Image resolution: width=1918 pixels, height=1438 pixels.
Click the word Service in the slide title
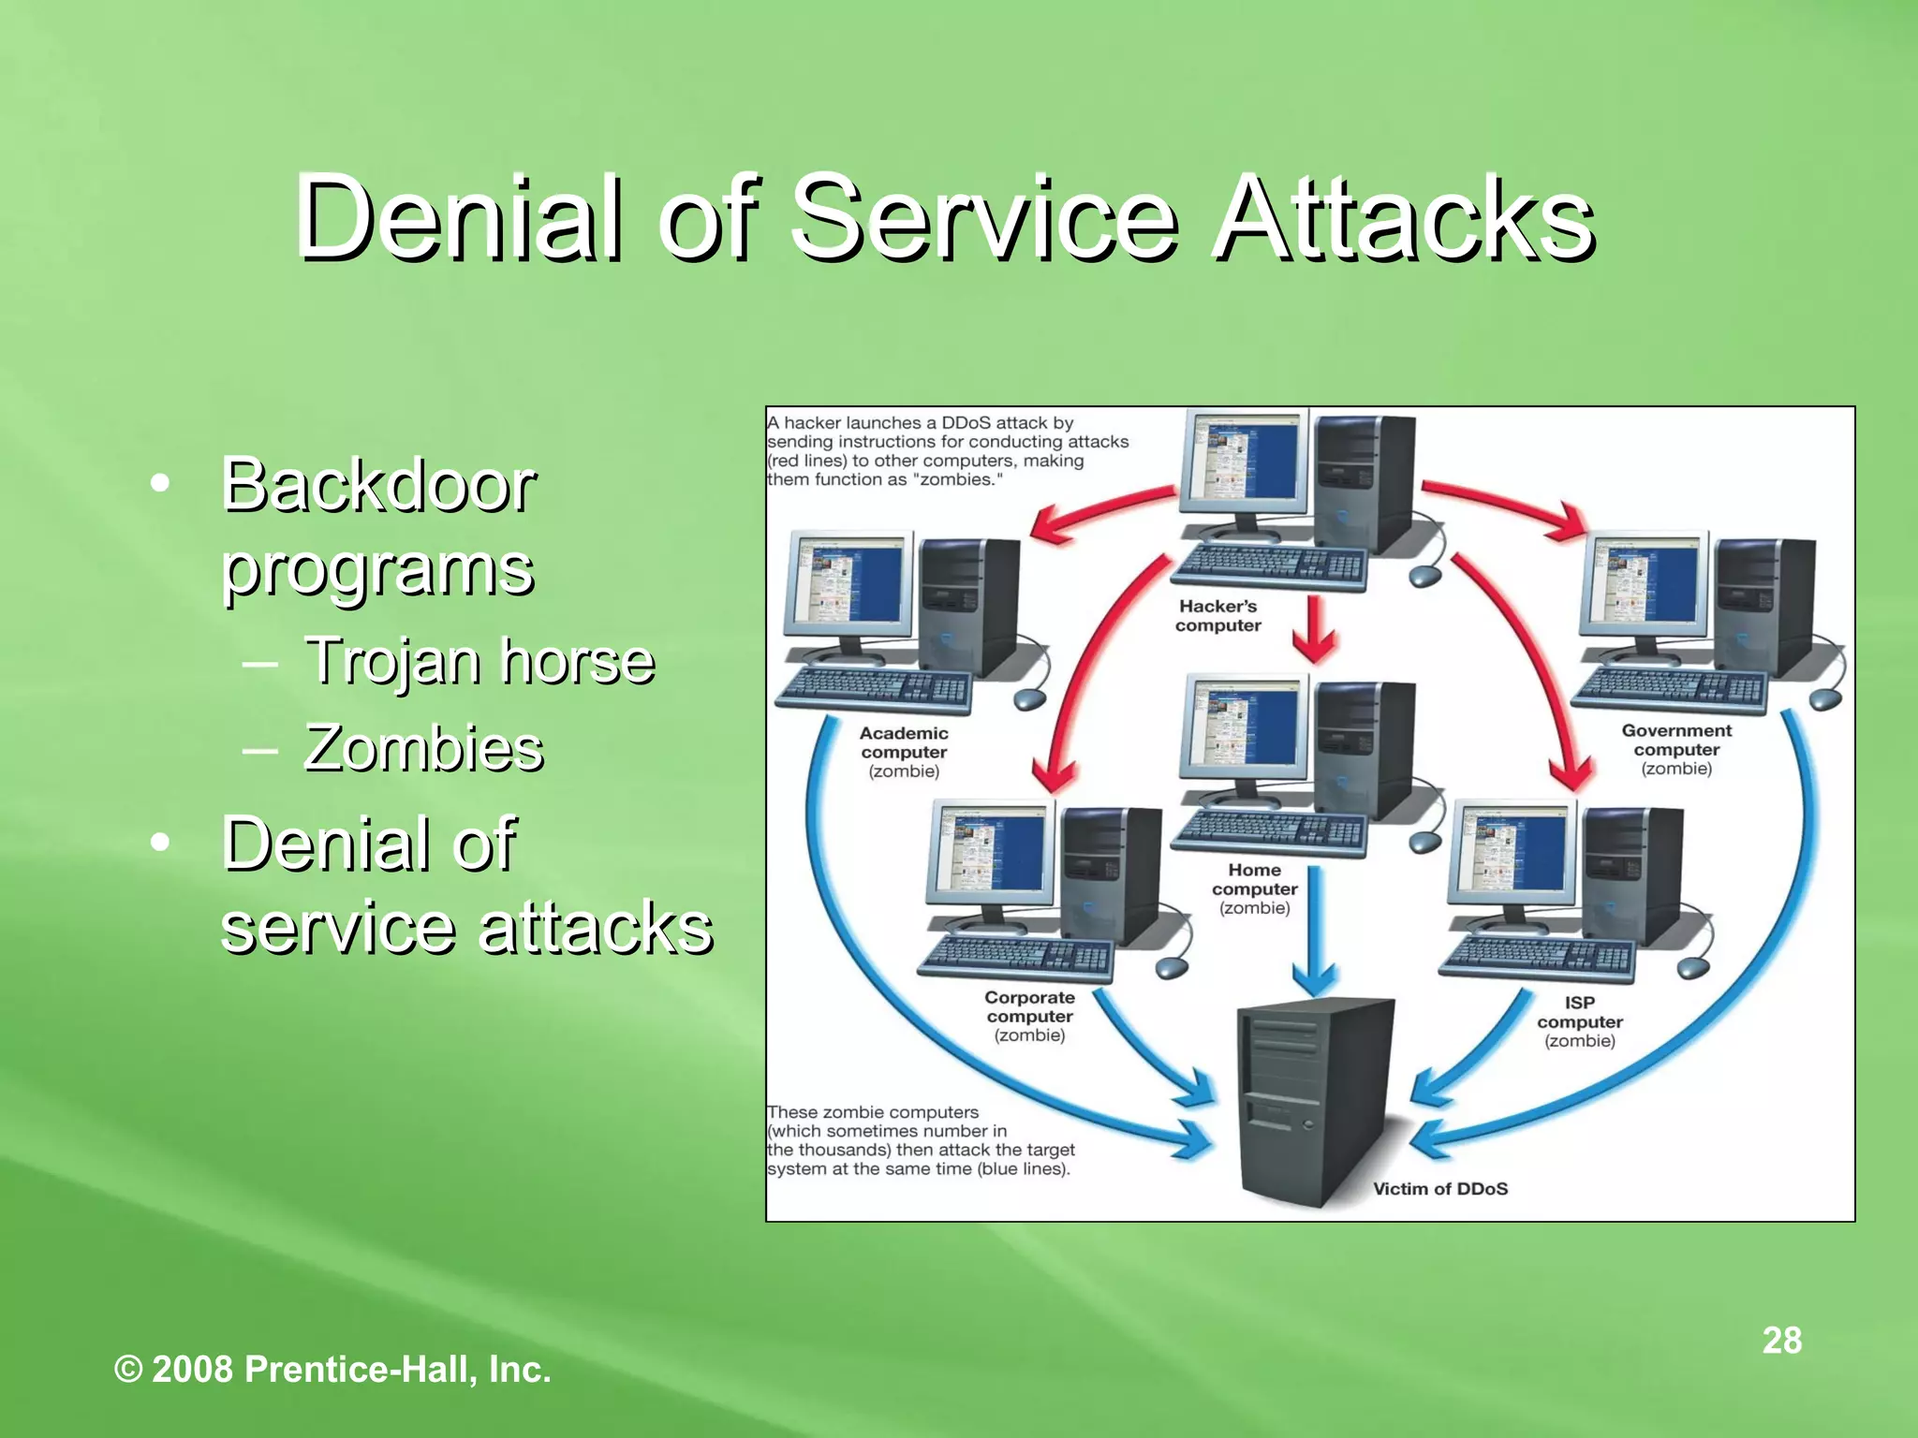click(x=983, y=220)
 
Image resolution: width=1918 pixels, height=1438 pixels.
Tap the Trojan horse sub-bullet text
click(x=479, y=661)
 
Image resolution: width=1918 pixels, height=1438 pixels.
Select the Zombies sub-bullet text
click(x=423, y=749)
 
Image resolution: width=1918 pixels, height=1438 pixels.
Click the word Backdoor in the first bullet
click(x=377, y=486)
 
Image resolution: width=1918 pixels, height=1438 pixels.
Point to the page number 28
click(x=1781, y=1341)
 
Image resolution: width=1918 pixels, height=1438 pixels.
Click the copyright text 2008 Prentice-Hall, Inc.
click(x=332, y=1370)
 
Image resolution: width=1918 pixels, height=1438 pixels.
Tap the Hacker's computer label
click(x=1217, y=616)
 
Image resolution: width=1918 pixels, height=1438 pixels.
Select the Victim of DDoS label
click(x=1439, y=1189)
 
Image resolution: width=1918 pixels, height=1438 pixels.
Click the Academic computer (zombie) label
click(x=904, y=752)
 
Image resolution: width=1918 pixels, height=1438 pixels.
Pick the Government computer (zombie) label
click(x=1676, y=749)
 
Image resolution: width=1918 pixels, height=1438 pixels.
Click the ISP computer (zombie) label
click(x=1579, y=1021)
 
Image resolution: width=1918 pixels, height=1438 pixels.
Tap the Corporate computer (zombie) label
click(x=1029, y=1017)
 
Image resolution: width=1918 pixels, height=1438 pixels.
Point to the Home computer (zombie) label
click(x=1254, y=888)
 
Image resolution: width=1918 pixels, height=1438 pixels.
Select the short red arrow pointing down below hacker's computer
click(x=1315, y=629)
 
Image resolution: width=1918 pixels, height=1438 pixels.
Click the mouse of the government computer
click(x=1826, y=698)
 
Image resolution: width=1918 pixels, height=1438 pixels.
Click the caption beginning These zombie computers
click(x=920, y=1140)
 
